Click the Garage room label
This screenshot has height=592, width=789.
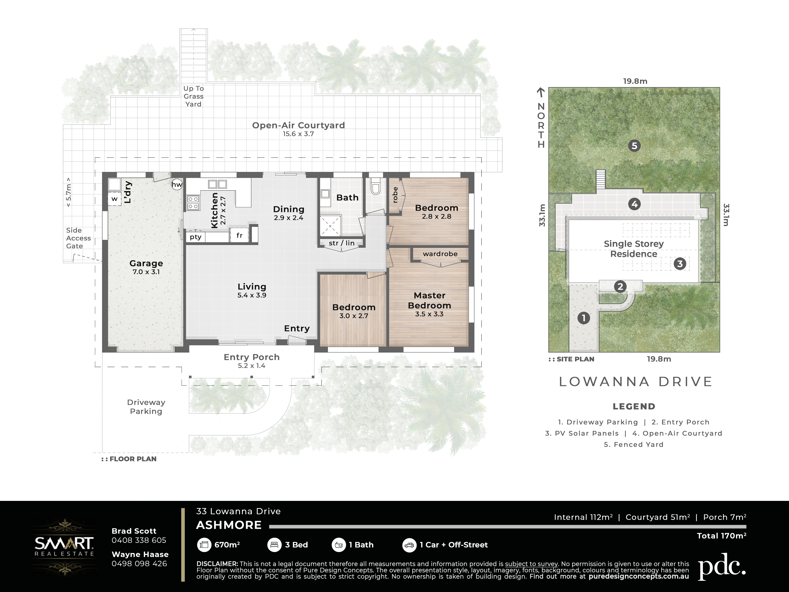[x=146, y=263]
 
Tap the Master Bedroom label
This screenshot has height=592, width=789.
[x=429, y=300]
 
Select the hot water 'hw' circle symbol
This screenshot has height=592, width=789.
[x=177, y=184]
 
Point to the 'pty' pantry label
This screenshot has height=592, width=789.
[x=196, y=237]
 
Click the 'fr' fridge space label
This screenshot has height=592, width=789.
[x=239, y=235]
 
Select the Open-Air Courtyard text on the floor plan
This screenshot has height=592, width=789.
[x=299, y=125]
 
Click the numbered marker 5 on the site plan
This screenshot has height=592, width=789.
[x=634, y=146]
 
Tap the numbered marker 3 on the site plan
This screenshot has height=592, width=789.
[x=680, y=264]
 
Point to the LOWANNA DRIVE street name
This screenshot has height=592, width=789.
[x=636, y=382]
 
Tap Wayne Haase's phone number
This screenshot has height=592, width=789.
[x=139, y=564]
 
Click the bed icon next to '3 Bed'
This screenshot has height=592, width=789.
[x=274, y=545]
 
